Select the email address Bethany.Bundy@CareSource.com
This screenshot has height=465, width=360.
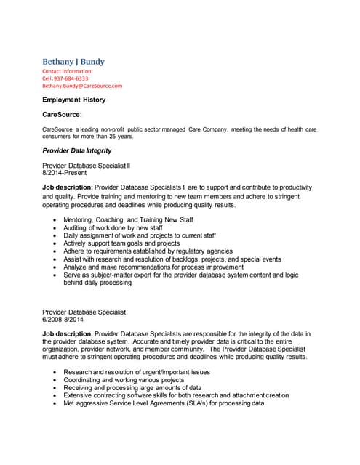(82, 86)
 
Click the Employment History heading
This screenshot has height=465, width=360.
(73, 100)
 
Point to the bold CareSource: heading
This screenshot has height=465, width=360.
(62, 115)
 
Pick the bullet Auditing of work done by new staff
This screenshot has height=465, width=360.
(113, 227)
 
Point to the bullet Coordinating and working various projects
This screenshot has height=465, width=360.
(124, 379)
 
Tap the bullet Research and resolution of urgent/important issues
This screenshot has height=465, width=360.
(137, 371)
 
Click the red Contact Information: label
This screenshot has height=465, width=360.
(68, 71)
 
